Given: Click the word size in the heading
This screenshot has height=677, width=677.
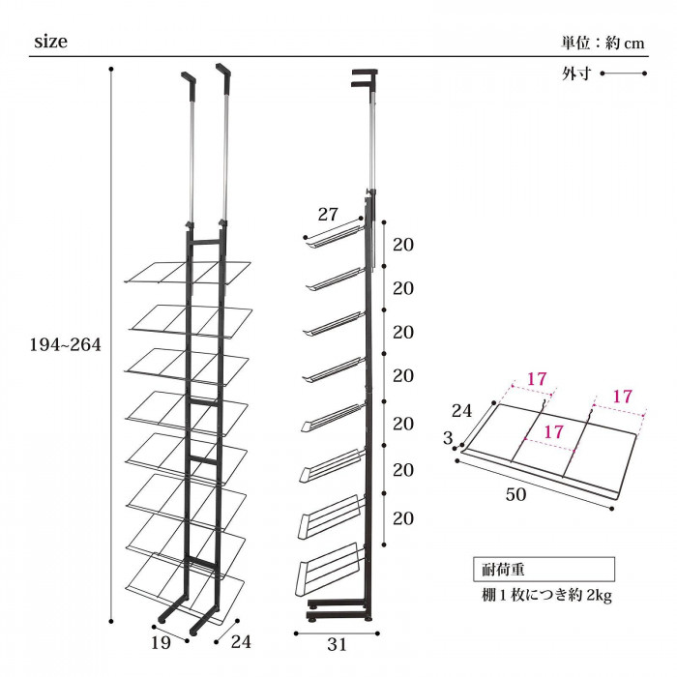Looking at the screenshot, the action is point(50,42).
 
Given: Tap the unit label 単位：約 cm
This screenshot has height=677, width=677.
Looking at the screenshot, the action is point(603,43).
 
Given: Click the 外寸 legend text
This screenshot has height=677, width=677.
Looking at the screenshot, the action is point(576,74).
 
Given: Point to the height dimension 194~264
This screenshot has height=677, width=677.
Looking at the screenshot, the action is point(65,344).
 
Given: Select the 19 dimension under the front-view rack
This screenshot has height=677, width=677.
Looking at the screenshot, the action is point(161,643).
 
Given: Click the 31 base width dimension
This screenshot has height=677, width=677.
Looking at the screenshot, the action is point(337,645).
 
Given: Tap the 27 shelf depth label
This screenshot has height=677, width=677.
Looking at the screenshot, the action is point(328,214).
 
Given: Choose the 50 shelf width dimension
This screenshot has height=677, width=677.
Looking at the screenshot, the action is point(515,494).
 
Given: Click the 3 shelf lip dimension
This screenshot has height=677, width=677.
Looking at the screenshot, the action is point(448,438).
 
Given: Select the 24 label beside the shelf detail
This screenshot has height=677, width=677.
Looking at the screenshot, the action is point(462,411).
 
